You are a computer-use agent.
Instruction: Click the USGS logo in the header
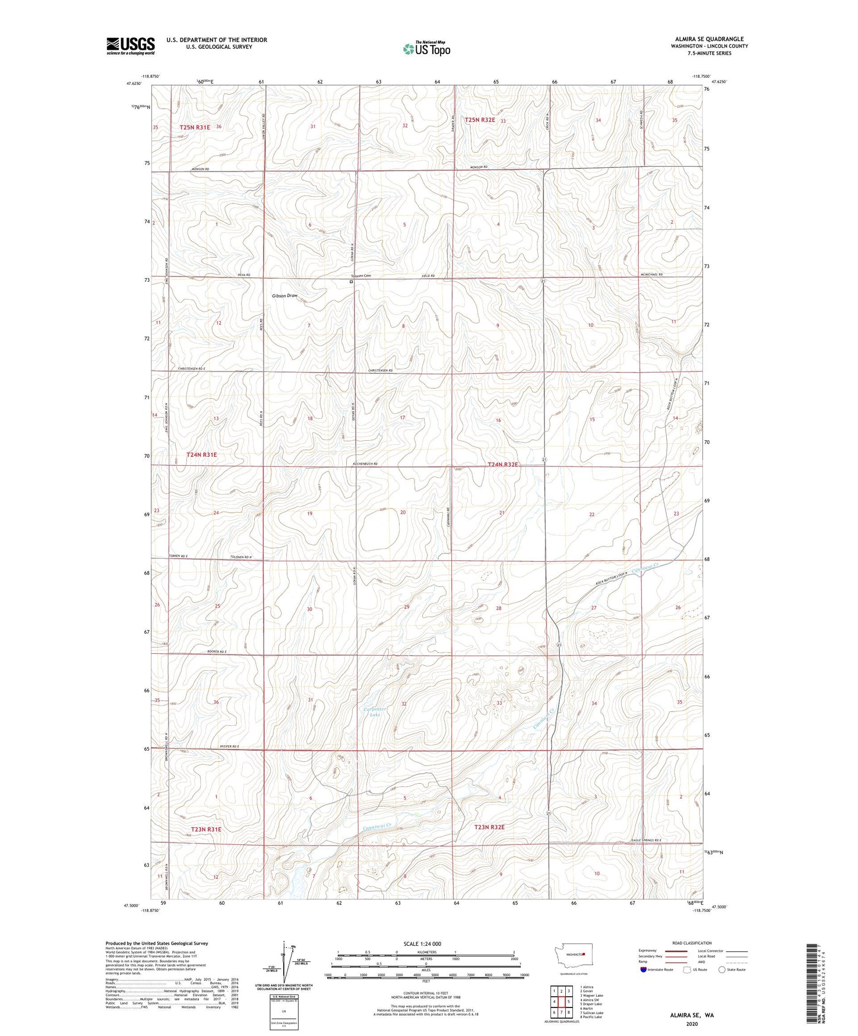point(131,46)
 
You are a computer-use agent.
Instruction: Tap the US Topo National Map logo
point(426,49)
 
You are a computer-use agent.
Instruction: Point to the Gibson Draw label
point(284,295)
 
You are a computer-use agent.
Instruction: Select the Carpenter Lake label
point(375,712)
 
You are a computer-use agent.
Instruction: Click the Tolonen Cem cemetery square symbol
point(351,282)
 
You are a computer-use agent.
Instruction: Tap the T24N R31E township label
point(202,455)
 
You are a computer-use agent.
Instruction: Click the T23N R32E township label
point(490,827)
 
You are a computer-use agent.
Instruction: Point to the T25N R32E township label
point(480,120)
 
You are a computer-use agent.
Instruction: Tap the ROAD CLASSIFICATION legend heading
point(692,943)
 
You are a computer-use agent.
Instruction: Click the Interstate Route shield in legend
point(644,970)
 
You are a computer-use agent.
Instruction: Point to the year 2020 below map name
point(692,1024)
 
